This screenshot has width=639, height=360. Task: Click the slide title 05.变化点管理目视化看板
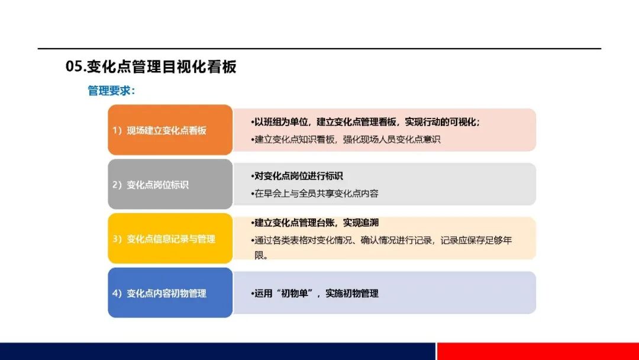click(x=151, y=66)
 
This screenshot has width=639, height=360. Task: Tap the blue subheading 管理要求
click(x=111, y=91)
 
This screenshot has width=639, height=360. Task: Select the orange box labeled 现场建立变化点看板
click(x=170, y=130)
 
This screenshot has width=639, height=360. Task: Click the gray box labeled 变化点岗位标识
click(x=170, y=184)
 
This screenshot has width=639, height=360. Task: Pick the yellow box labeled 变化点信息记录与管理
click(x=170, y=239)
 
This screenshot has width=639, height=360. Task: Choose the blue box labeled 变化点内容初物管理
click(x=170, y=292)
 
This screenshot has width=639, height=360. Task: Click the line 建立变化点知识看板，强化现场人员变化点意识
click(x=346, y=139)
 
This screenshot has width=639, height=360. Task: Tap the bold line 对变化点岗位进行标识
click(x=296, y=176)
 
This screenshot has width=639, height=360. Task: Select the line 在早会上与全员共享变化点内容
click(x=315, y=194)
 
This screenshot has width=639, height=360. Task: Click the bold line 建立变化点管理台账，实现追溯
click(x=315, y=223)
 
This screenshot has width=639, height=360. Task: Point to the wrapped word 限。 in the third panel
click(x=262, y=256)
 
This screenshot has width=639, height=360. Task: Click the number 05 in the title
click(x=74, y=66)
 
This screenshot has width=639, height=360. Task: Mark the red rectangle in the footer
click(x=538, y=352)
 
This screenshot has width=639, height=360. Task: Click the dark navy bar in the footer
click(x=218, y=352)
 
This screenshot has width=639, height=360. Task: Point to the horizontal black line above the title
click(x=319, y=49)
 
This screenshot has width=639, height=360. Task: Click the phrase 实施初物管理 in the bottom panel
click(x=352, y=293)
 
